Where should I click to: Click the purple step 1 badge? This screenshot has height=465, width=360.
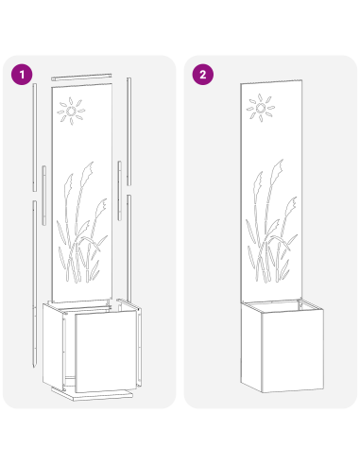[x=20, y=73]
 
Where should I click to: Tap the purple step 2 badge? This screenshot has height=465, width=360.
[x=201, y=73]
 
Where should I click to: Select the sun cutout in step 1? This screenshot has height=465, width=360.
[x=70, y=112]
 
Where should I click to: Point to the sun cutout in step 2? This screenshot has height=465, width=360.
[x=261, y=111]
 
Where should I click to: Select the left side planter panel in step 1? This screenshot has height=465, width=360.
[x=52, y=345]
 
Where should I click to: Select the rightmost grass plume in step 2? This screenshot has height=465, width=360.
[x=294, y=203]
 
